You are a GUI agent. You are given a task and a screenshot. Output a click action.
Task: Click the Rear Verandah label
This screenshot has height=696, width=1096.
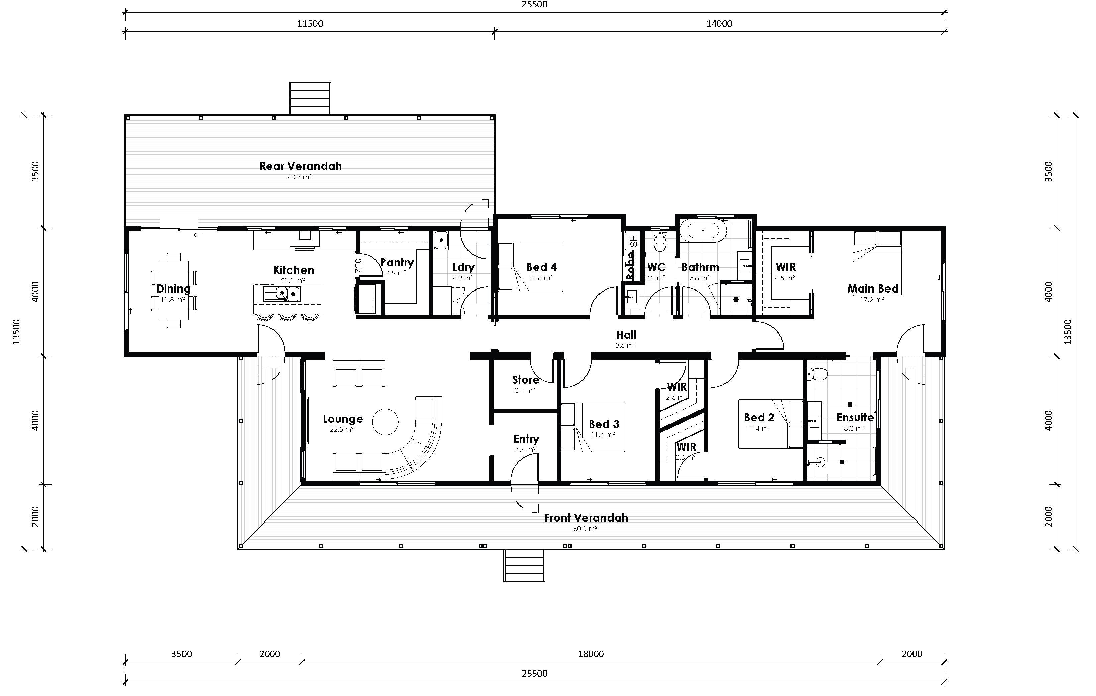point(300,166)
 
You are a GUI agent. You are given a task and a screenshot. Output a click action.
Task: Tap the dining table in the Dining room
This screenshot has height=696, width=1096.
point(173,291)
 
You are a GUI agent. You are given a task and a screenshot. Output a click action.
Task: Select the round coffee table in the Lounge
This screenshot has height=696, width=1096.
point(385,422)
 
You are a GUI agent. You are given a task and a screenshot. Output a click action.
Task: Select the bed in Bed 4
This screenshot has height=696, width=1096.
point(531,267)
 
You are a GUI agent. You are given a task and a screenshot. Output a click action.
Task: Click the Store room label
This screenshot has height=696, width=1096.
point(525,380)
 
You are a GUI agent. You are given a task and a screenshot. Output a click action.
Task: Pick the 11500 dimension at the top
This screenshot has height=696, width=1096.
point(310,24)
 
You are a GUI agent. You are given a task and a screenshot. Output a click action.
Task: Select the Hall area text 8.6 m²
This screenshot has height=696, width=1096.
point(625,346)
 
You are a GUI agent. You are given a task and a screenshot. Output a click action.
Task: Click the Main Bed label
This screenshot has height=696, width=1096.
point(872,288)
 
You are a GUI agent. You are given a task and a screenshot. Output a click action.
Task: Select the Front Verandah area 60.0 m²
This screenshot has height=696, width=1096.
point(585,529)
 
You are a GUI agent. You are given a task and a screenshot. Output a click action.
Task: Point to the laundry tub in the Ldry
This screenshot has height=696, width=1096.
point(441,240)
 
